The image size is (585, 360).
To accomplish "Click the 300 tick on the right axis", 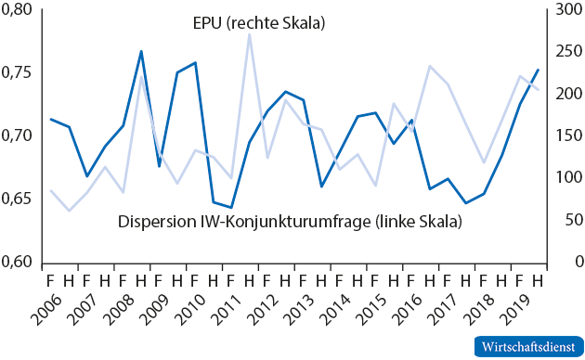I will click(560, 10).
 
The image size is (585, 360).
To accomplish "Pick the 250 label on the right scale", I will click(560, 52).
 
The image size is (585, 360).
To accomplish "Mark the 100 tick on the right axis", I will click(560, 177).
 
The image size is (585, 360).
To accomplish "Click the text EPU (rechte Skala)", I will click(251, 21).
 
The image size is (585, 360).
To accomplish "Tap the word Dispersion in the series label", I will click(154, 223).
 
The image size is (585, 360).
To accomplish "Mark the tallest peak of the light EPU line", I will click(249, 35).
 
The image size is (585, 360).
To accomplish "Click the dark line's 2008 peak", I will click(141, 51).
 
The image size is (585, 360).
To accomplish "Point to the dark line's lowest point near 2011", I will click(231, 208).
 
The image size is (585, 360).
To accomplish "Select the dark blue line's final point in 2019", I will click(538, 70).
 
